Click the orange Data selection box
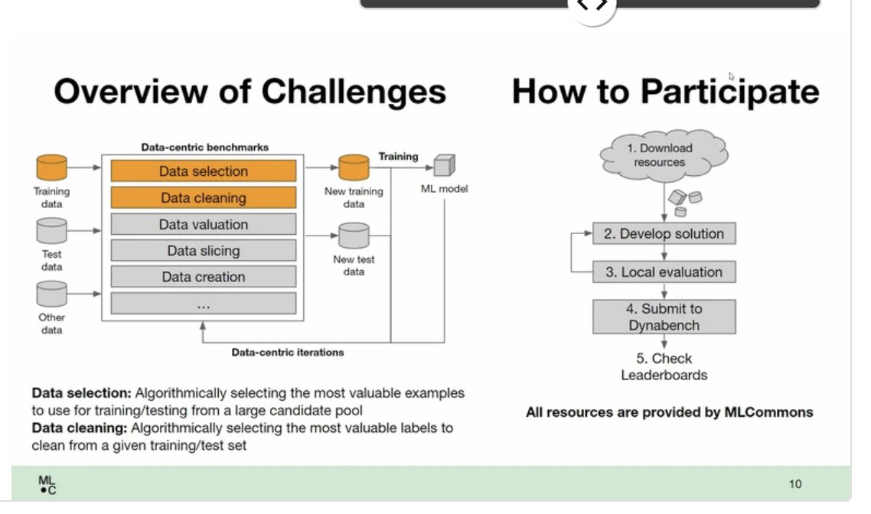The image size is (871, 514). tap(204, 171)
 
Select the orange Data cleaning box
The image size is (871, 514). tap(204, 198)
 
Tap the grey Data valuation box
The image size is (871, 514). tap(204, 225)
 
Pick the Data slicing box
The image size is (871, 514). tap(204, 251)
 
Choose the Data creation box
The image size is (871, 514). tap(204, 277)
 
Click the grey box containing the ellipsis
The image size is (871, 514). tap(204, 304)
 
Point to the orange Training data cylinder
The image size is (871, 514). tap(52, 167)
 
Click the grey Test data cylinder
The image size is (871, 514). tap(52, 230)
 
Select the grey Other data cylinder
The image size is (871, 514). tap(52, 294)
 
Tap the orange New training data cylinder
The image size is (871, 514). tap(354, 167)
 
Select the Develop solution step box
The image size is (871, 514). tap(664, 234)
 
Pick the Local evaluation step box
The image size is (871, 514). tap(664, 272)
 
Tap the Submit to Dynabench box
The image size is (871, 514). tap(664, 317)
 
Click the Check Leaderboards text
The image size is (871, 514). tap(664, 366)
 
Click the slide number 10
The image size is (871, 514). tap(795, 484)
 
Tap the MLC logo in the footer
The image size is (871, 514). tap(47, 485)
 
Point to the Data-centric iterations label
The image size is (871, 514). tap(288, 353)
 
